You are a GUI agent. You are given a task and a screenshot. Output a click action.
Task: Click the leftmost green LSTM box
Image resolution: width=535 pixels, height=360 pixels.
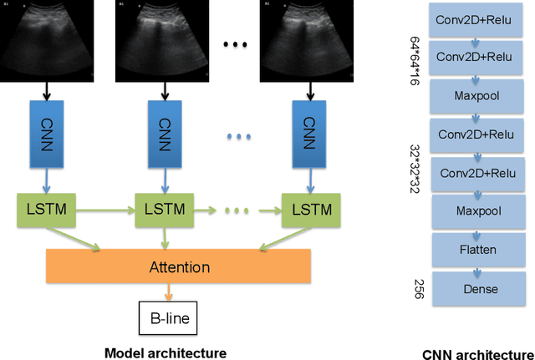click(x=45, y=207)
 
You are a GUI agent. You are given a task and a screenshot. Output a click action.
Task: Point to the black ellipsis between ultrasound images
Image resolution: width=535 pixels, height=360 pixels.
click(x=235, y=44)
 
